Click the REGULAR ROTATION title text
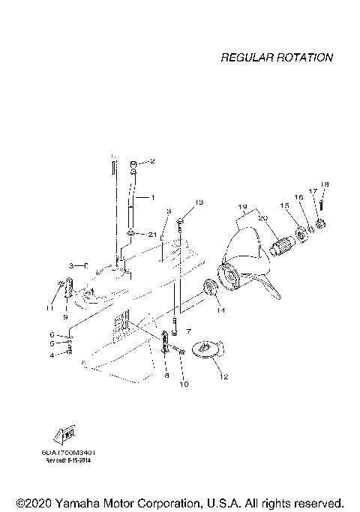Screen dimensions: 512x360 tap(276, 58)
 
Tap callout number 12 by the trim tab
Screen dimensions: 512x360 tap(223, 377)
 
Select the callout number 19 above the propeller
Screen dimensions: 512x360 tap(242, 206)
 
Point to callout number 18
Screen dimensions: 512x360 tap(325, 184)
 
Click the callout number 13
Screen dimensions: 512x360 tap(199, 202)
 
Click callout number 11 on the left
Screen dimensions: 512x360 tap(50, 307)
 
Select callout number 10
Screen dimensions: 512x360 tap(184, 384)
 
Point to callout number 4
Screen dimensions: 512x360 tap(52, 355)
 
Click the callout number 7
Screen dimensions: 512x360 tap(189, 331)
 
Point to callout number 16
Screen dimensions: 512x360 tap(298, 197)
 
